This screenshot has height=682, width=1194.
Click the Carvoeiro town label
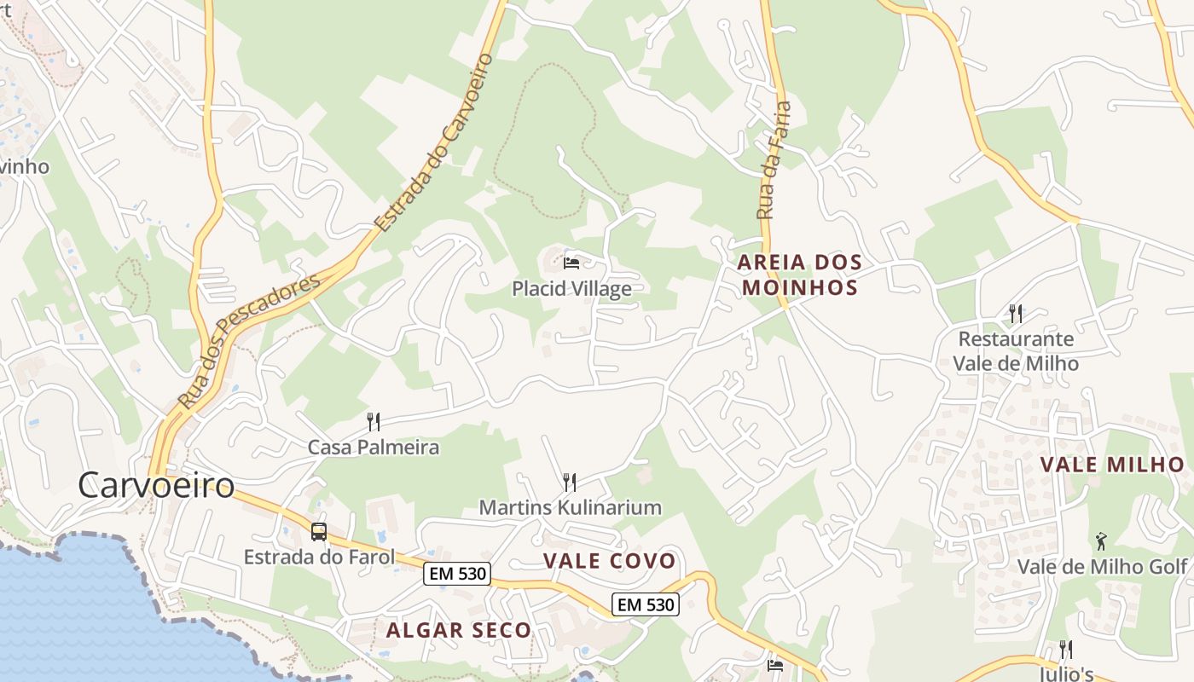click(156, 485)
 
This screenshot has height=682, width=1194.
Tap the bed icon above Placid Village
click(571, 263)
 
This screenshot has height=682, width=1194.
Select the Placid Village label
click(571, 289)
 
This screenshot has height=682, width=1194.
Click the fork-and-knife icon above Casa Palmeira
click(373, 421)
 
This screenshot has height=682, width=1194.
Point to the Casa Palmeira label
click(373, 447)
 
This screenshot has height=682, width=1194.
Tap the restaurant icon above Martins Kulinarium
click(570, 483)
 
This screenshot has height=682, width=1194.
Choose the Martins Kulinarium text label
click(570, 508)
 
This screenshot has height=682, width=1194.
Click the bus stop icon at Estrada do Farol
click(319, 532)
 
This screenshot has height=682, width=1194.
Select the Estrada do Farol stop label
click(319, 558)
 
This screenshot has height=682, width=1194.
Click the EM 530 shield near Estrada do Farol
click(458, 574)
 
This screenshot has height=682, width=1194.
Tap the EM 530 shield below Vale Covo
click(646, 605)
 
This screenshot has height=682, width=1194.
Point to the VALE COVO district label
click(609, 562)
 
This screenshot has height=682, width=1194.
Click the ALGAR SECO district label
click(459, 631)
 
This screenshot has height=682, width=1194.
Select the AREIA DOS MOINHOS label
click(799, 275)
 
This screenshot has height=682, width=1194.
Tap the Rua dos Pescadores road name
click(248, 340)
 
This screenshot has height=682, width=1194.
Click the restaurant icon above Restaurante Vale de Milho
click(1015, 314)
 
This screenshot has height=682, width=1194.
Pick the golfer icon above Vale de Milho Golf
click(1101, 541)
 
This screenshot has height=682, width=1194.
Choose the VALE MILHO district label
click(1112, 465)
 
